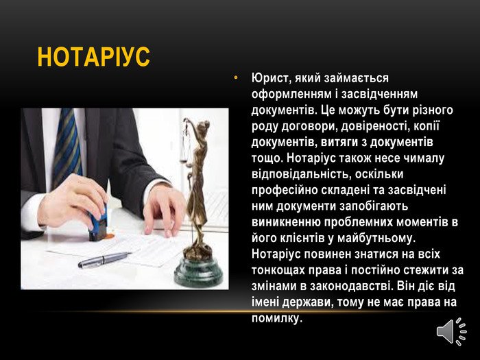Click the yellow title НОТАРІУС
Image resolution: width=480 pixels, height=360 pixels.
pyautogui.click(x=94, y=57)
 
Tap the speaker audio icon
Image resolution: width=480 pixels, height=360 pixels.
pyautogui.click(x=451, y=331)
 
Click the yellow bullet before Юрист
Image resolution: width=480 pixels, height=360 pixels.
pyautogui.click(x=236, y=78)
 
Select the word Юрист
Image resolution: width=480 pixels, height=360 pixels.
pyautogui.click(x=270, y=78)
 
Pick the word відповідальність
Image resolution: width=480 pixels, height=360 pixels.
pyautogui.click(x=302, y=174)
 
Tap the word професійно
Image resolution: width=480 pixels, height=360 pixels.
pyautogui.click(x=284, y=191)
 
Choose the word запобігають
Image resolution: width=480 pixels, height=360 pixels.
pyautogui.click(x=374, y=206)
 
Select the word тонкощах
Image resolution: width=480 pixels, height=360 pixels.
pyautogui.click(x=278, y=270)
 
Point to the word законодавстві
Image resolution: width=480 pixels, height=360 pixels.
pyautogui.click(x=352, y=286)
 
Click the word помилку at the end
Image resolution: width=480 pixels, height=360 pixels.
pyautogui.click(x=277, y=318)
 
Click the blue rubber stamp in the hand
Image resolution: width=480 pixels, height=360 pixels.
pyautogui.click(x=98, y=224)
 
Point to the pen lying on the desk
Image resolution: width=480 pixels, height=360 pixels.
pyautogui.click(x=104, y=260)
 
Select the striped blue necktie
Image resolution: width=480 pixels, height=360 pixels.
pyautogui.click(x=67, y=147)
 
